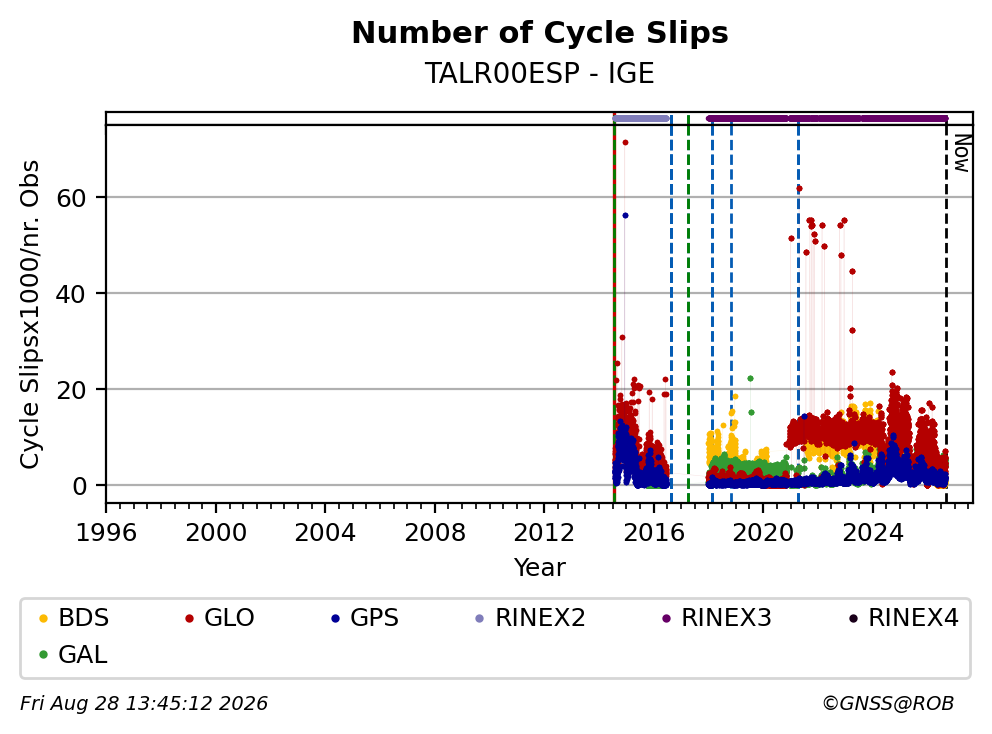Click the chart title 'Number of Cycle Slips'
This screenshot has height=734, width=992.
point(540,33)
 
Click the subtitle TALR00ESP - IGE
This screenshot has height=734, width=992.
point(540,73)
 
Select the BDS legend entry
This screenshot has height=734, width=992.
point(74,618)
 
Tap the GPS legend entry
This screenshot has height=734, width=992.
point(365,618)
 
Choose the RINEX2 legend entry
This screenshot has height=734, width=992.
point(531,618)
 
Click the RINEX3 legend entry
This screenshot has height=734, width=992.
point(717,618)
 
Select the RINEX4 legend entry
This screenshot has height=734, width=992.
point(903,618)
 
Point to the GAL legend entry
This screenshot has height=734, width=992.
point(73,654)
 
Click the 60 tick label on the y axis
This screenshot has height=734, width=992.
point(71,198)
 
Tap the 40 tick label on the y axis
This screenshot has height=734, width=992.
point(71,294)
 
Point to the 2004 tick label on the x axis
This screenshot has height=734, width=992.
point(325,533)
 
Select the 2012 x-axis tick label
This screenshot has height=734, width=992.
point(544,533)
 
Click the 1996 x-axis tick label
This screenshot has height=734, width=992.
point(106,533)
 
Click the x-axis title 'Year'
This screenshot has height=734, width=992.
point(540,567)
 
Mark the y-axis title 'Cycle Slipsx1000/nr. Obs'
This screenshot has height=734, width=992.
point(30,314)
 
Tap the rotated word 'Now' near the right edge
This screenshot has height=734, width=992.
point(962,153)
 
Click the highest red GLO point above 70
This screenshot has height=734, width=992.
point(625,142)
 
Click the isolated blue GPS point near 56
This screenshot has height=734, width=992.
point(625,216)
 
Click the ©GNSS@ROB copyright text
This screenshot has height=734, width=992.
point(888,703)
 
